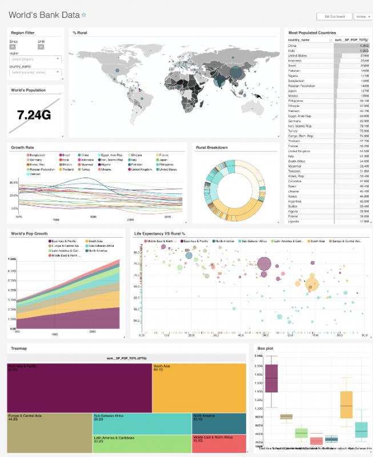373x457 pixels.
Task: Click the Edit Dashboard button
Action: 334,17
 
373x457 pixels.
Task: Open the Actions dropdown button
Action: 362,17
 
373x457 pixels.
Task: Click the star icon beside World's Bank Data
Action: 84,15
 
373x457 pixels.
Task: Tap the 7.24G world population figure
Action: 34,115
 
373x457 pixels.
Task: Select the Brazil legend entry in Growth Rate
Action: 65,155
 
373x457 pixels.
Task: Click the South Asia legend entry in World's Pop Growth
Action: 93,242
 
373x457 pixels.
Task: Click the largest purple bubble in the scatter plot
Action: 264,264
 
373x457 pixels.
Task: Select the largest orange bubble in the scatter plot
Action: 311,283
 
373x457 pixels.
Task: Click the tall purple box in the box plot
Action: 271,378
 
